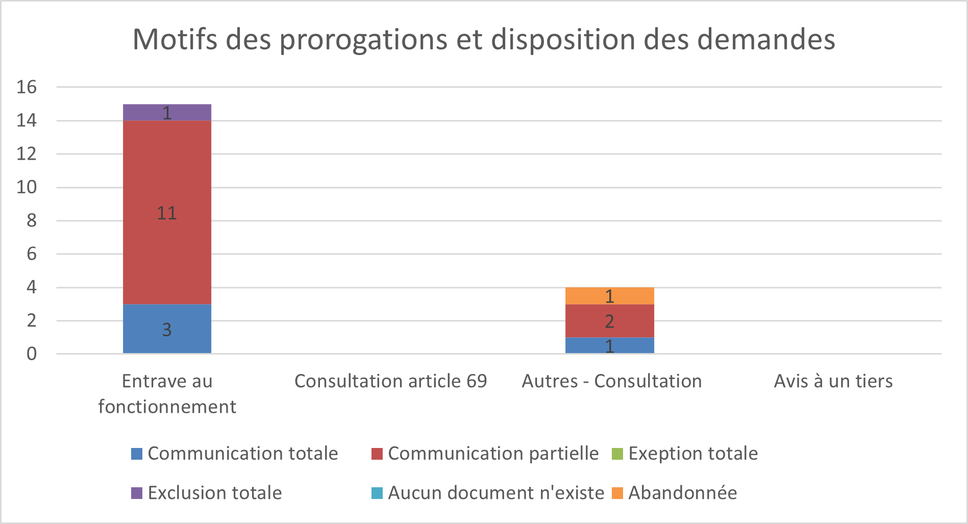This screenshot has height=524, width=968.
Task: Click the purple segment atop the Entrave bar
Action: click(167, 112)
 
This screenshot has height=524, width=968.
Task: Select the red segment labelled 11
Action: click(167, 212)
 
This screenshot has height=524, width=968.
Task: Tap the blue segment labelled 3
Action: click(167, 329)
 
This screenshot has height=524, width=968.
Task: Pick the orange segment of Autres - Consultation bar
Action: click(609, 296)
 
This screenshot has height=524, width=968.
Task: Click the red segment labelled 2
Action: click(609, 321)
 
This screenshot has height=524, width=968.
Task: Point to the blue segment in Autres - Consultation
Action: click(609, 345)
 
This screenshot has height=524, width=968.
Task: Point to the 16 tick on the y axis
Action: click(27, 87)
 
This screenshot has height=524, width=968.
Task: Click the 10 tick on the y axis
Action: click(27, 187)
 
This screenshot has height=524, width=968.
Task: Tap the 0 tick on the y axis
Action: click(32, 354)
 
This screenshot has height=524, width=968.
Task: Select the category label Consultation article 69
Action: click(390, 381)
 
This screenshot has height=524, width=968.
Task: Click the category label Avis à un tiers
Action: click(833, 381)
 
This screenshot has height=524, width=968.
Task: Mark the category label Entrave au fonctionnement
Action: click(167, 394)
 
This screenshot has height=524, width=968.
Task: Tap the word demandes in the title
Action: click(766, 39)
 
